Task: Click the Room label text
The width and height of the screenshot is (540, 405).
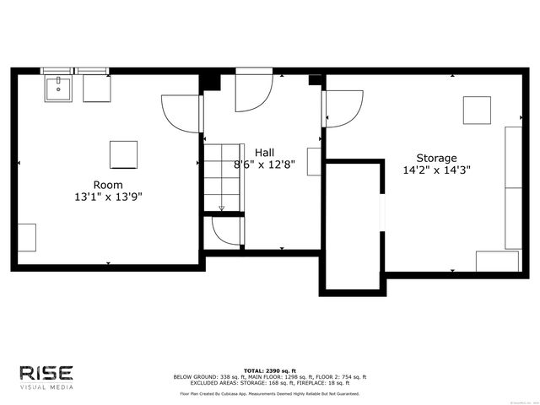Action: click(108, 185)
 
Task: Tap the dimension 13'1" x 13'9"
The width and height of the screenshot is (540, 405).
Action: click(108, 197)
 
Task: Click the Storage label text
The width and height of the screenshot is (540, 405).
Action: click(436, 158)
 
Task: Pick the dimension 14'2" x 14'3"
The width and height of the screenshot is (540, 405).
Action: click(436, 170)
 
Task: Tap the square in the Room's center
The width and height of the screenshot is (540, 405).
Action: click(123, 154)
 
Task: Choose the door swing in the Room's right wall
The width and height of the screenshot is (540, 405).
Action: click(180, 114)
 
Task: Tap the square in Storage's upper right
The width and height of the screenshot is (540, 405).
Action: click(477, 111)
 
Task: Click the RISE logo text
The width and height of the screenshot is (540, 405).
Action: click(46, 372)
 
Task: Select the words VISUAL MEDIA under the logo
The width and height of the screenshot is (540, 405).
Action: click(46, 387)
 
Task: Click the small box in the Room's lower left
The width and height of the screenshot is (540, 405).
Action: click(26, 237)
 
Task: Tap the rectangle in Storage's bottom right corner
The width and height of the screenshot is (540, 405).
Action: click(497, 261)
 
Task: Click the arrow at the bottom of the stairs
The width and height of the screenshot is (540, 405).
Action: click(222, 208)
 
